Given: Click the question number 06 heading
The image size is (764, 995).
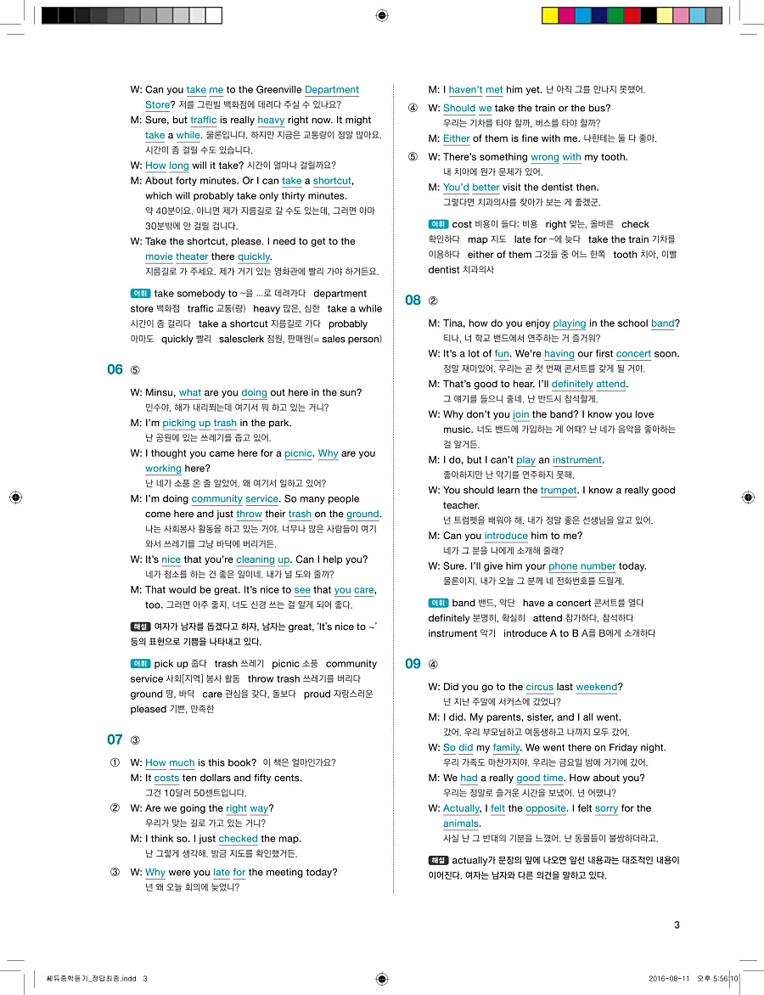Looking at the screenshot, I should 115,369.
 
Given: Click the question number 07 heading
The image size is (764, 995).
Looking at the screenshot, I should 115,739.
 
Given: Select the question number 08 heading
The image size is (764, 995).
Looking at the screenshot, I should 413,300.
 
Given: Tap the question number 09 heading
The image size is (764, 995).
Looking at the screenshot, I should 413,664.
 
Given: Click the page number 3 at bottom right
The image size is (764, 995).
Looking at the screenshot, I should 677,925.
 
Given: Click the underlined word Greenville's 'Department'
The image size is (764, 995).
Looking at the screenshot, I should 331,90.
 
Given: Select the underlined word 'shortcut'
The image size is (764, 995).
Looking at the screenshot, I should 332,181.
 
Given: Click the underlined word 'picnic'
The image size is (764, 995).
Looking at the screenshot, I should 298,453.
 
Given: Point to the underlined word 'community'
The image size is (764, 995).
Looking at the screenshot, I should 216,499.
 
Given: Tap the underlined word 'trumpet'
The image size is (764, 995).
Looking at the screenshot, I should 559,491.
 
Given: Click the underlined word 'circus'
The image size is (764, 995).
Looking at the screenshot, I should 539,687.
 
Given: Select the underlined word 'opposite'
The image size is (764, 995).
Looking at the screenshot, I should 546,809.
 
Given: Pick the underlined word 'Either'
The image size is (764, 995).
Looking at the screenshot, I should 456,138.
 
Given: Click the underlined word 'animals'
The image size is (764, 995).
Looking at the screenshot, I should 461,824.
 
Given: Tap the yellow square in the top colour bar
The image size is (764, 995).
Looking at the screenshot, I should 549,15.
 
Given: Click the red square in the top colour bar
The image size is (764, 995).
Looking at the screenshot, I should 632,15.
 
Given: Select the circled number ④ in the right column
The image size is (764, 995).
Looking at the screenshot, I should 413,109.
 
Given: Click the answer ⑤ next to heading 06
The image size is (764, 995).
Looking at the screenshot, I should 135,370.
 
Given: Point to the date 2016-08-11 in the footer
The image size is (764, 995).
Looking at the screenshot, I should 671,978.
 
